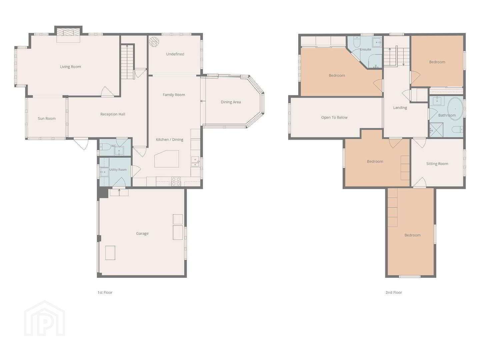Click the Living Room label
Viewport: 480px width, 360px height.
coord(70,67)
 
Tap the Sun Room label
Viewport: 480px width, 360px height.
coord(47,118)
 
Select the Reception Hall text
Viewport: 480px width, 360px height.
coord(113,114)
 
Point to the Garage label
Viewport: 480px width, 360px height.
coord(142,233)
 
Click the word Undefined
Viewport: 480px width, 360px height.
coord(175,54)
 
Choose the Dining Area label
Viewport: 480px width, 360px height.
coord(231,102)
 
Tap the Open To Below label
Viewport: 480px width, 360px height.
coord(334,117)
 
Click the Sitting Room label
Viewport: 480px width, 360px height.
coord(437,164)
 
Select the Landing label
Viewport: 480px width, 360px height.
coord(400,108)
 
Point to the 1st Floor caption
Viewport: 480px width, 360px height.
coord(105,292)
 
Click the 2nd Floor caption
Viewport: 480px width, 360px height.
coord(394,292)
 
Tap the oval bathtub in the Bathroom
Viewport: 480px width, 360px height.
coord(455,109)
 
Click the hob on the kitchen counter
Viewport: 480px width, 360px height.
coord(176,181)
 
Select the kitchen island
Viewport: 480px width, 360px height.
coord(167,159)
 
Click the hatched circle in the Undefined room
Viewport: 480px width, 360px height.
coord(154,41)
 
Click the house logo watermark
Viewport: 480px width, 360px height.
coord(45,318)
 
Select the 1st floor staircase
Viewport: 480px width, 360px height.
coord(127,62)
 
